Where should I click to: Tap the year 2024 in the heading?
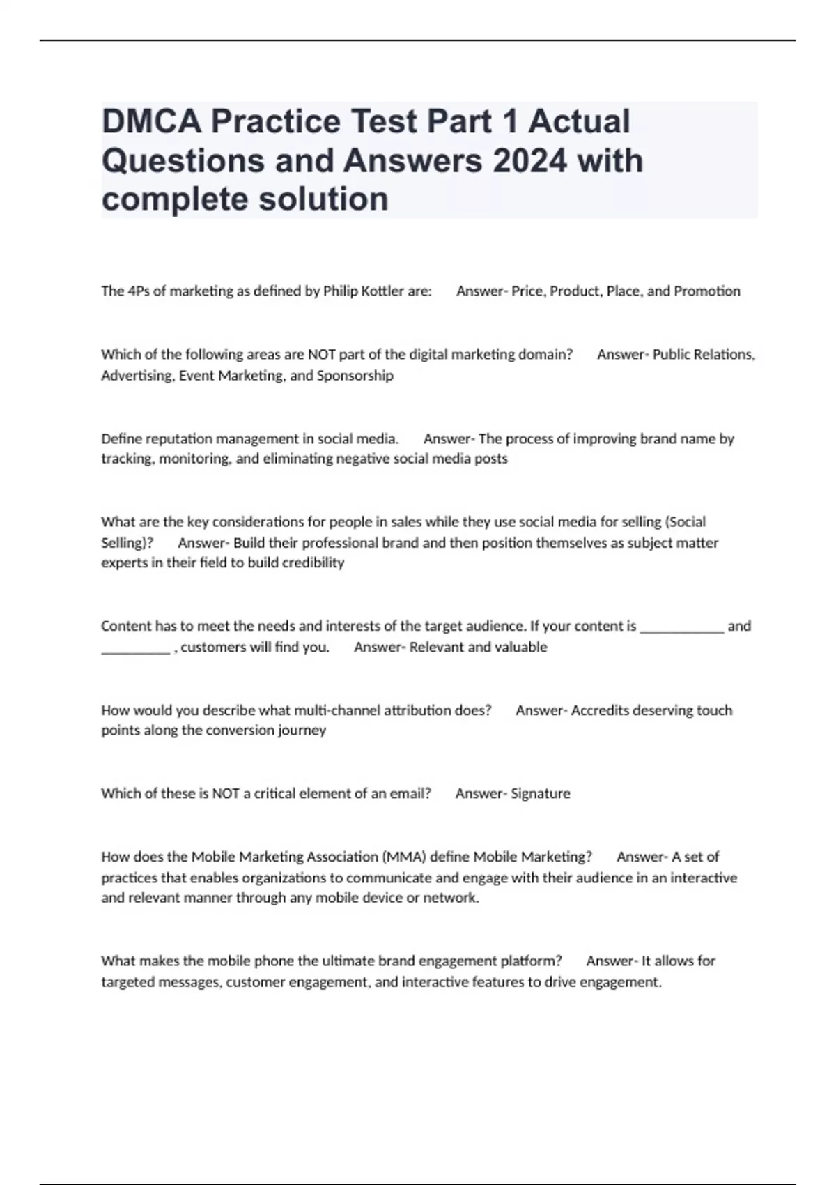click(529, 160)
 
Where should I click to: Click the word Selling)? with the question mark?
click(127, 543)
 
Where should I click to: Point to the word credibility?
click(311, 563)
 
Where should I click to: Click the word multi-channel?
click(337, 710)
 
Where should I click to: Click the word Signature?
click(540, 793)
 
